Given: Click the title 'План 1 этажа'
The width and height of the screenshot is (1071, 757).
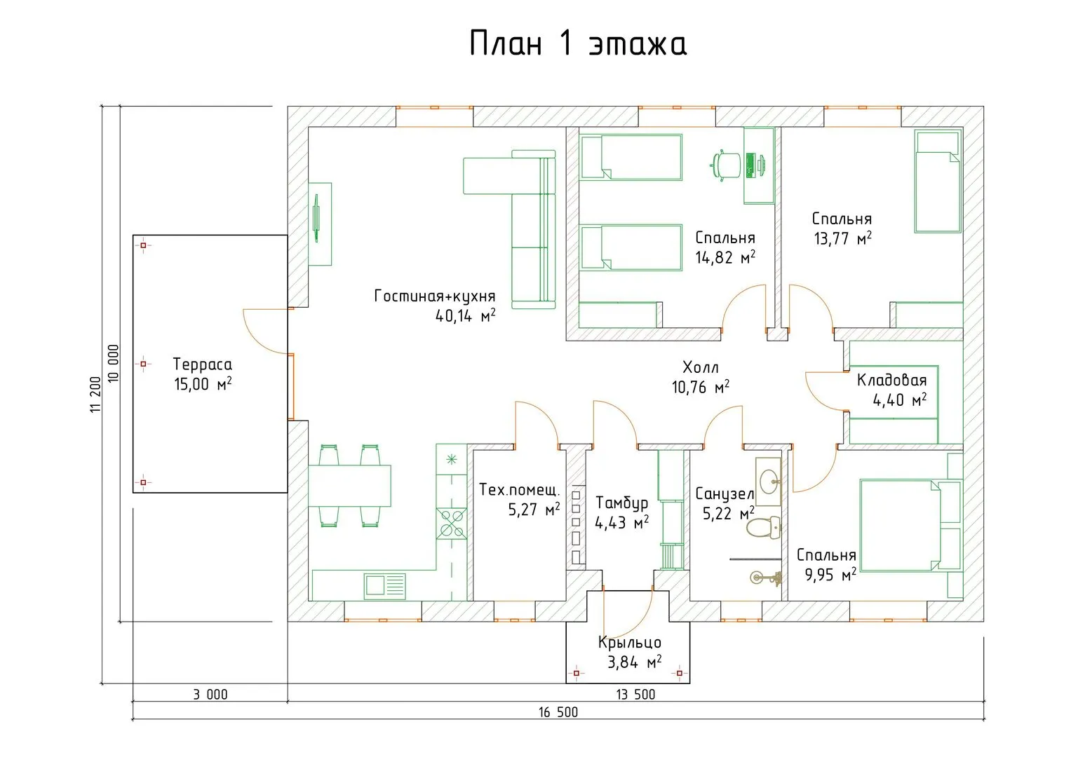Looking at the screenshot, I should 577,44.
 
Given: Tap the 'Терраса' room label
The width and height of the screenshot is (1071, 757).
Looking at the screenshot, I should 202,364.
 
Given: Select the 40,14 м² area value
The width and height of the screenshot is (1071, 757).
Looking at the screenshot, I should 465,315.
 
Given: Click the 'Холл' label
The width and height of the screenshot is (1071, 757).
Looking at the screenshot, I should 700,367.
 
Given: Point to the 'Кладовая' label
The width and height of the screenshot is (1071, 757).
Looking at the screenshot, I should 891,381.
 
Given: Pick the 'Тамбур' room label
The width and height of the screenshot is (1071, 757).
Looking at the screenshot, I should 621,503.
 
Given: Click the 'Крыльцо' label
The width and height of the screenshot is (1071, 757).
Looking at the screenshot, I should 629,642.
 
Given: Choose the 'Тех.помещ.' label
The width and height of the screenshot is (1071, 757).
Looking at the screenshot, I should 519,489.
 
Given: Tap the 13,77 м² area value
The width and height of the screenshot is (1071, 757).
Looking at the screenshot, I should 842,238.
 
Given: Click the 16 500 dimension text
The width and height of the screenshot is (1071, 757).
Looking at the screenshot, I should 558,712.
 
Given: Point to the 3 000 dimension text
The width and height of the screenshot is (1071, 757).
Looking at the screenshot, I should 210,695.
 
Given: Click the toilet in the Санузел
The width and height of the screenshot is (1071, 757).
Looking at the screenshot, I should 763,527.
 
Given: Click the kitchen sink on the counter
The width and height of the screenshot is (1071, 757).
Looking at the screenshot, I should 384,585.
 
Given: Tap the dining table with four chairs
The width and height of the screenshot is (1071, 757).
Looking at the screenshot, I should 349,485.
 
